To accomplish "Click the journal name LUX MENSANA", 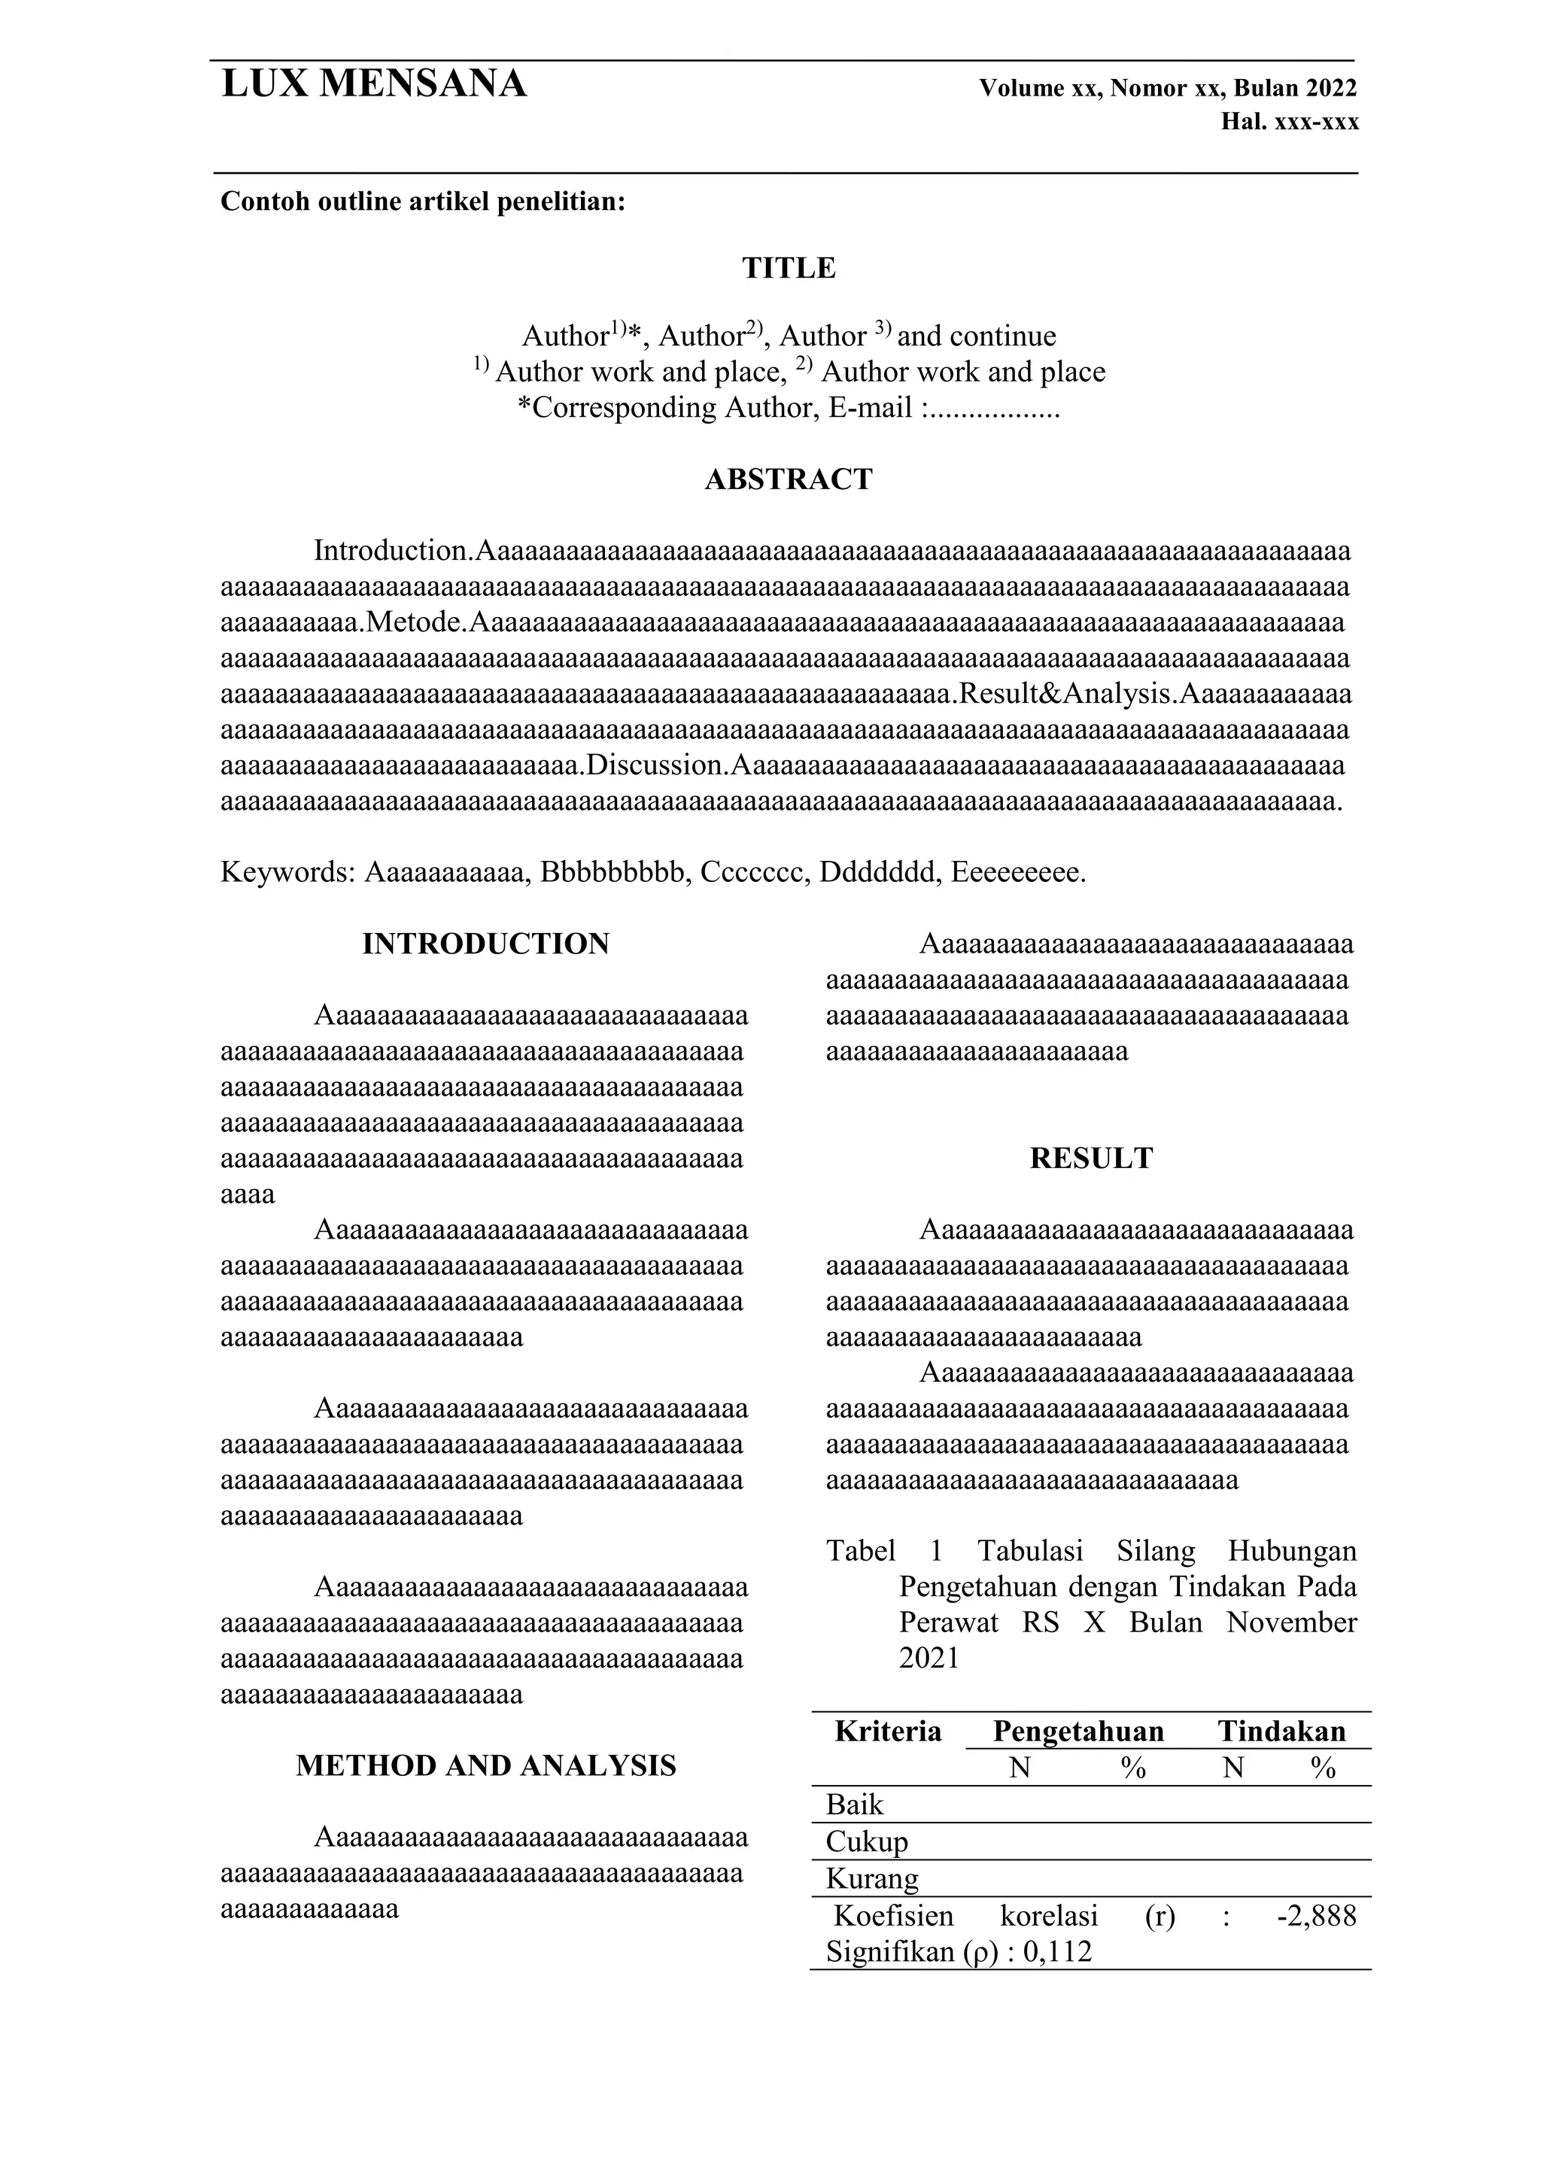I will pyautogui.click(x=373, y=84).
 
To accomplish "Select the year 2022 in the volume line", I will pyautogui.click(x=1331, y=88).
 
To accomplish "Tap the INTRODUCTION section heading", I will pyautogui.click(x=485, y=944).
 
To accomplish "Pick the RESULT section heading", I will pyautogui.click(x=1091, y=1158).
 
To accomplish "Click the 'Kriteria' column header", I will pyautogui.click(x=888, y=1731).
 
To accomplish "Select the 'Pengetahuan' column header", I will pyautogui.click(x=1077, y=1731).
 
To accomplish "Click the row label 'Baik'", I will pyautogui.click(x=855, y=1805).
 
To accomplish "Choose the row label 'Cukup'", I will pyautogui.click(x=866, y=1842).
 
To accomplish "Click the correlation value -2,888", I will pyautogui.click(x=1316, y=1917).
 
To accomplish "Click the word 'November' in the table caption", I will pyautogui.click(x=1290, y=1622).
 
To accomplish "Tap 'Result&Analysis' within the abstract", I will pyautogui.click(x=1066, y=694).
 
